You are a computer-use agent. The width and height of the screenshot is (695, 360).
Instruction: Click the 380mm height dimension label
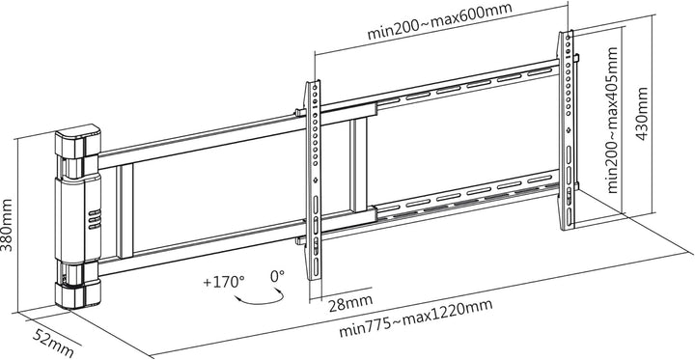7,225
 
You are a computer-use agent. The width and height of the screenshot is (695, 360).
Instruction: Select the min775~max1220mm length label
415,318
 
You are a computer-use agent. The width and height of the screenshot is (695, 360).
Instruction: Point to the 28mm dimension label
350,303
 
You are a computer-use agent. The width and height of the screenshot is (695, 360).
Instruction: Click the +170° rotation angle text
224,282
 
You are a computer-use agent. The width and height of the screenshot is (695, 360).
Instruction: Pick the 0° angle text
277,276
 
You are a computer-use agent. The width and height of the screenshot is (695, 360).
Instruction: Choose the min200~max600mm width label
440,21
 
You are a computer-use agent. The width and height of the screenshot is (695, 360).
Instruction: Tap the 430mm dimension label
642,114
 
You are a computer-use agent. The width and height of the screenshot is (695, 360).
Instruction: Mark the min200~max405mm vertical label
612,121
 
